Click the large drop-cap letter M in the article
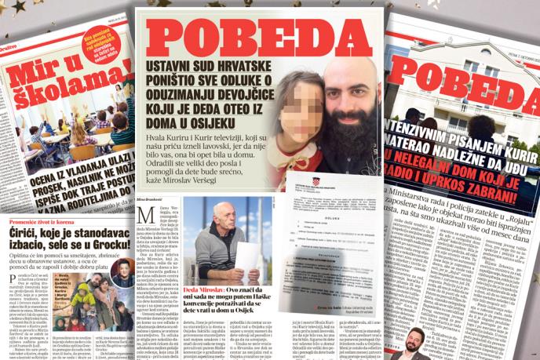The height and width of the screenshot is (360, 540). [x=144, y=216]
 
